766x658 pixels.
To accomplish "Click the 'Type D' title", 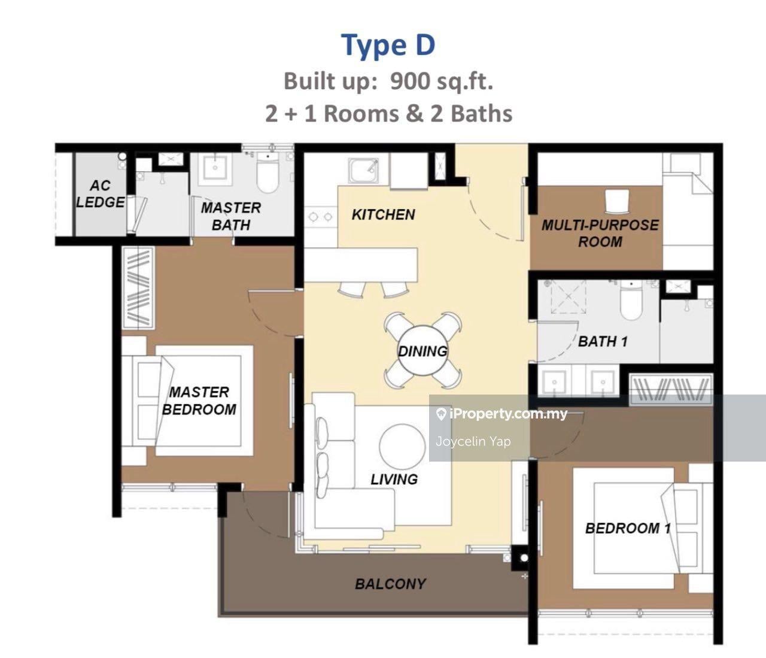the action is (x=388, y=46).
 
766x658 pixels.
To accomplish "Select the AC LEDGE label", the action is (x=100, y=194).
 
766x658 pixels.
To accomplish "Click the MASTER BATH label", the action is (x=231, y=217).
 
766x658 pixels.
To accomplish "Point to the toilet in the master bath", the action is (x=267, y=174).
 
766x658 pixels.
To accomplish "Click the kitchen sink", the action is (x=363, y=171).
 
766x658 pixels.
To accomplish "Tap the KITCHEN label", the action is (x=383, y=214).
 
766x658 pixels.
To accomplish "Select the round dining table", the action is (x=422, y=351).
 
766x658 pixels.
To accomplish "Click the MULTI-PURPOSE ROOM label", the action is (x=600, y=234).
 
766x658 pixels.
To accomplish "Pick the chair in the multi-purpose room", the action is (x=617, y=202).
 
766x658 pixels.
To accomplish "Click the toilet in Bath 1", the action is (x=631, y=300).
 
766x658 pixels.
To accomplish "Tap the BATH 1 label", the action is (x=603, y=341).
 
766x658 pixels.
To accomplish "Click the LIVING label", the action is (x=394, y=480).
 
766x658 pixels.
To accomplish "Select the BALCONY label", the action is (x=391, y=584).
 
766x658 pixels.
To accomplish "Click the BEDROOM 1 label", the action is (x=628, y=528).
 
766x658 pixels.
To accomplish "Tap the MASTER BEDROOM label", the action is (x=199, y=401).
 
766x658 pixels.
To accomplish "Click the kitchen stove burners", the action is (x=321, y=216).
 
